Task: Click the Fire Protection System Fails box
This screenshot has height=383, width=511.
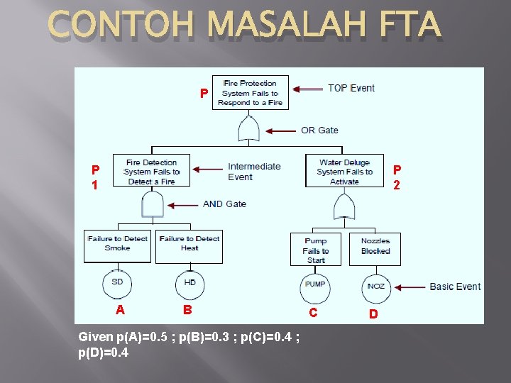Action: point(250,92)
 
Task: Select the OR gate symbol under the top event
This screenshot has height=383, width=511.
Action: point(250,129)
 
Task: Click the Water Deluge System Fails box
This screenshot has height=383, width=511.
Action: point(344,171)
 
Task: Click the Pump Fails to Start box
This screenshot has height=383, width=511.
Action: point(315,250)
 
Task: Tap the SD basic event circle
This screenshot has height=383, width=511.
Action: point(117,283)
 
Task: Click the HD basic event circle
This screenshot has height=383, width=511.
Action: point(189,284)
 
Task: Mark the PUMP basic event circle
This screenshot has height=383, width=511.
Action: point(314,285)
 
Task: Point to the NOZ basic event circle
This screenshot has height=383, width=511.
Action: point(375,287)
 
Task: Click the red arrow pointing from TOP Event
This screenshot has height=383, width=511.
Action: point(307,89)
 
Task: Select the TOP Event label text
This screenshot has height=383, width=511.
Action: point(351,88)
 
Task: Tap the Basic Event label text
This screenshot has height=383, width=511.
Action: point(455,287)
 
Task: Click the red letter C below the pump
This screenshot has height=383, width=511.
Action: point(313,313)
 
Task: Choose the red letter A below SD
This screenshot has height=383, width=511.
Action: point(121,309)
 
